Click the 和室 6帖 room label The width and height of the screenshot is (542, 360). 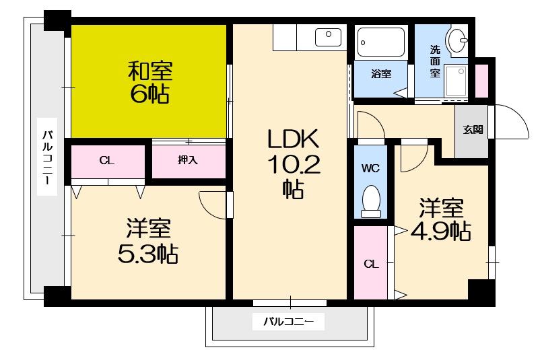(149, 82)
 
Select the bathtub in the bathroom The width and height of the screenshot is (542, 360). (380, 41)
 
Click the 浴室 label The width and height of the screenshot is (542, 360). (380, 73)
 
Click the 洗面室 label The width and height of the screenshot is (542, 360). (436, 61)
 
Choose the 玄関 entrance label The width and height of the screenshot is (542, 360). (472, 130)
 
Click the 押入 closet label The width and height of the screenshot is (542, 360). (188, 160)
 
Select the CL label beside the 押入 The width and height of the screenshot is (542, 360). (107, 160)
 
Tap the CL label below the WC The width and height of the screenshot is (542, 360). (371, 264)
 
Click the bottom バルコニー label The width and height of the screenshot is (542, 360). (288, 322)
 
